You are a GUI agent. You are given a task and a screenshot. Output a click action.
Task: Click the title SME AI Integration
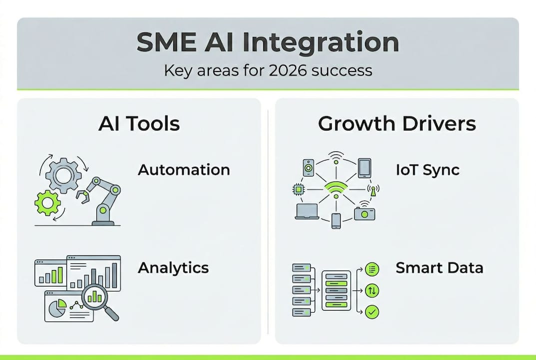click(268, 42)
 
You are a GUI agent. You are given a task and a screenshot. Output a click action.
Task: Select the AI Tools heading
click(139, 123)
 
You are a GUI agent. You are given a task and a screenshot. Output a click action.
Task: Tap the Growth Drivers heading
click(397, 123)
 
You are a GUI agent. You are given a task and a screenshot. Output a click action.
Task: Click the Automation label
click(184, 169)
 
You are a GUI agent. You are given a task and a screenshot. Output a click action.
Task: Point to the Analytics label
click(173, 267)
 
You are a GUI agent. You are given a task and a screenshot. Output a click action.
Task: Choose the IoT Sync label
click(427, 169)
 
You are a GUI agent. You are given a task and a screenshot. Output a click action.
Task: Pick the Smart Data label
click(439, 267)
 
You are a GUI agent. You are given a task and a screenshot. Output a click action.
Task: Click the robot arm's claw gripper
click(82, 197)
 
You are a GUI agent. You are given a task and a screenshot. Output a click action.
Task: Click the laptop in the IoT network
click(307, 212)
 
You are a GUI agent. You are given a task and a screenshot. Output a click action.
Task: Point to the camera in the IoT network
click(364, 212)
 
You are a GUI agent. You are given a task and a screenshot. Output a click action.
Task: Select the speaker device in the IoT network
click(308, 167)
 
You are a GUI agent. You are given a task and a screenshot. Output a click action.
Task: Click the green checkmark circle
click(372, 312)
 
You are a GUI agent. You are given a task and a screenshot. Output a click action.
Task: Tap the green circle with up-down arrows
click(372, 290)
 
